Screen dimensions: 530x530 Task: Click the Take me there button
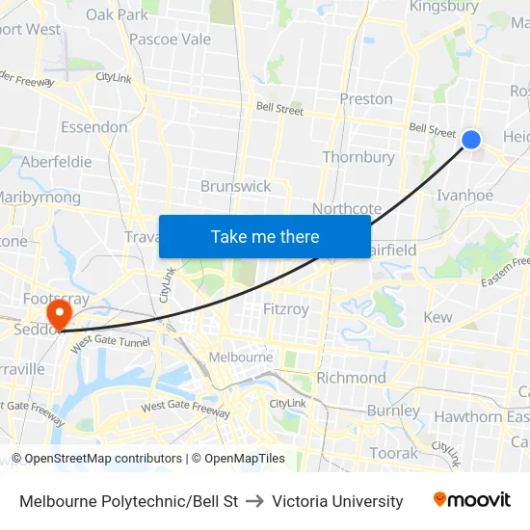point(265,236)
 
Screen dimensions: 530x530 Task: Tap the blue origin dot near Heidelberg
point(471,140)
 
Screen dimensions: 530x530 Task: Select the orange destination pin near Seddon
point(59,313)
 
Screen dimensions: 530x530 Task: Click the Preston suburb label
point(366,98)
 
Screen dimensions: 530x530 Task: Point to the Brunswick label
point(236,186)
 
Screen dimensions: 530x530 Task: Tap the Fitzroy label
point(286,309)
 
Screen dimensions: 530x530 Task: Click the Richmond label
point(351,378)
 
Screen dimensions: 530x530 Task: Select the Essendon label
point(93,127)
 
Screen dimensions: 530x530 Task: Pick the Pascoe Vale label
point(171,40)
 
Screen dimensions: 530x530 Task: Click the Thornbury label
point(358,157)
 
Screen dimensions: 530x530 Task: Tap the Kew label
point(437,317)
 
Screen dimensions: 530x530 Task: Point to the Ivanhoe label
point(465,195)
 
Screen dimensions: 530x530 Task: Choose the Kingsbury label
point(443,7)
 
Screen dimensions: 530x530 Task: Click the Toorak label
point(394,452)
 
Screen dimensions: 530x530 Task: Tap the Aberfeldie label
point(56,162)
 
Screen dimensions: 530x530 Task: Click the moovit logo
point(472,500)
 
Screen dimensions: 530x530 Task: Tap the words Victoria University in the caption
point(337,501)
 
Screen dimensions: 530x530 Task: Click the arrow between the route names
point(255,501)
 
